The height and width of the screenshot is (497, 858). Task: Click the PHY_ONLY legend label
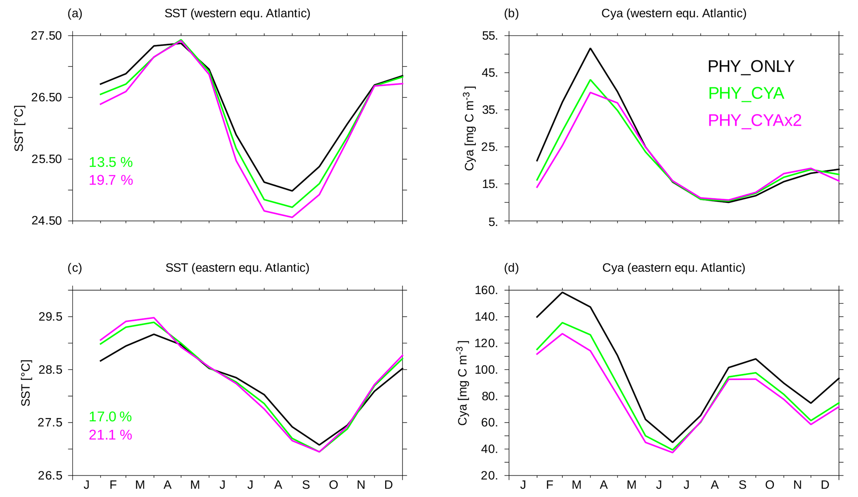(x=750, y=66)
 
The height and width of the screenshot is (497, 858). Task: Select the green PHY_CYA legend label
(x=746, y=93)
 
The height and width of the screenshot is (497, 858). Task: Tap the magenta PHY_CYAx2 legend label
(x=754, y=120)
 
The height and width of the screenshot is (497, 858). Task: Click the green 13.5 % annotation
(x=111, y=162)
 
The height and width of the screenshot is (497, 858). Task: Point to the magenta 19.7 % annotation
(x=111, y=180)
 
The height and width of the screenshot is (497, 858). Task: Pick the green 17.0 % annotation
(x=110, y=417)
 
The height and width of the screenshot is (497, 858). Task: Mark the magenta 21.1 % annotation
(x=110, y=435)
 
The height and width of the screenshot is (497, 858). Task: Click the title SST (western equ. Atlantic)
(x=237, y=13)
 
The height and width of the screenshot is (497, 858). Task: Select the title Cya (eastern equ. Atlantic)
(x=674, y=268)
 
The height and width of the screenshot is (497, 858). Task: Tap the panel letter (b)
(x=511, y=13)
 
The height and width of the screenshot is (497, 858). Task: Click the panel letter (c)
(x=75, y=268)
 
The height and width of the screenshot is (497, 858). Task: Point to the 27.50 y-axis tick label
(x=46, y=36)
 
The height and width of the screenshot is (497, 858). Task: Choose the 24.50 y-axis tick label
(x=46, y=221)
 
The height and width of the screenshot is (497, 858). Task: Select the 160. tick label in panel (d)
(x=486, y=290)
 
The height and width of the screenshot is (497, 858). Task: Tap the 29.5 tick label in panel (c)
(x=50, y=317)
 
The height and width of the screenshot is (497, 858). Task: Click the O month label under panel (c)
(x=333, y=485)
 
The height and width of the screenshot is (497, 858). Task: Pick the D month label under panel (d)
(x=825, y=485)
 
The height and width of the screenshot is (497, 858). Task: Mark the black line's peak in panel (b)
(x=590, y=48)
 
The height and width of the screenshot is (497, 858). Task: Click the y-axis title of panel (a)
(x=19, y=128)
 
